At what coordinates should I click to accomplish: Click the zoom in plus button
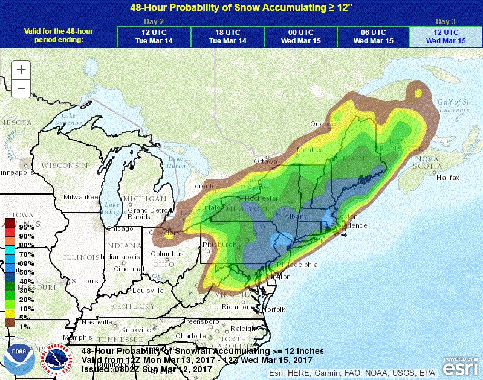click(x=21, y=69)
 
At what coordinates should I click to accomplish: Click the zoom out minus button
click(x=21, y=88)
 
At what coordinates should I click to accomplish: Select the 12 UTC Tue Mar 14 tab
click(x=154, y=37)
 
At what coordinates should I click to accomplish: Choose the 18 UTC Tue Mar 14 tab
click(x=227, y=37)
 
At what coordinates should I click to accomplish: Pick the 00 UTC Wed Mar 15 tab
click(x=300, y=37)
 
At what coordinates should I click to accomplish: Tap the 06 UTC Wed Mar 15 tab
click(x=373, y=37)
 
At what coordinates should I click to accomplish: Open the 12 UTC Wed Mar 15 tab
click(x=446, y=37)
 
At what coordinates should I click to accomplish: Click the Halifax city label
click(x=446, y=178)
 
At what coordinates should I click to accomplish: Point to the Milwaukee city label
click(x=79, y=197)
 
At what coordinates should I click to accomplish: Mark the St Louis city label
click(x=85, y=282)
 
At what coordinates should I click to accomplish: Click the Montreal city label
click(x=311, y=150)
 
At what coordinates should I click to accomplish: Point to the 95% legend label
click(x=26, y=227)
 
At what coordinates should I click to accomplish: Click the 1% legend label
click(x=26, y=327)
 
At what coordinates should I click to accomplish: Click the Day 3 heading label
click(x=446, y=21)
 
